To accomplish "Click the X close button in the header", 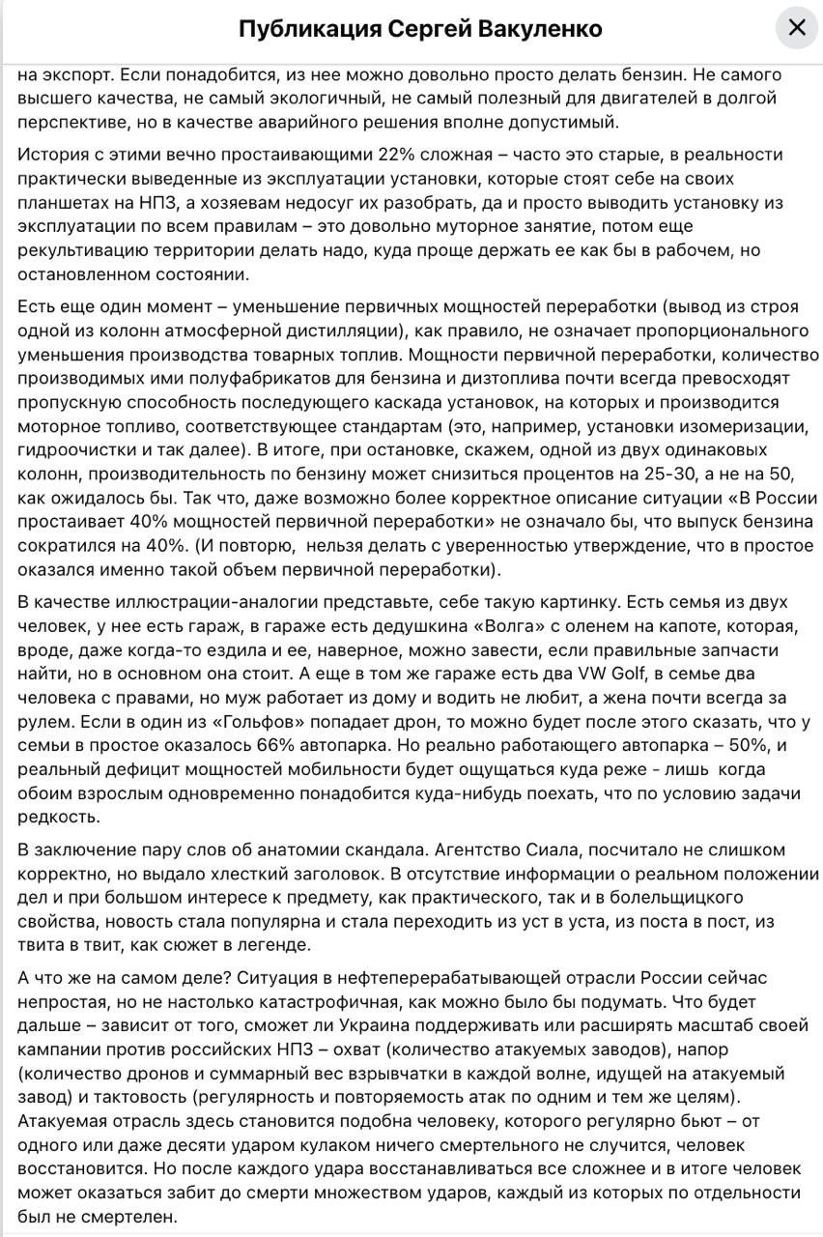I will (796, 28).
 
